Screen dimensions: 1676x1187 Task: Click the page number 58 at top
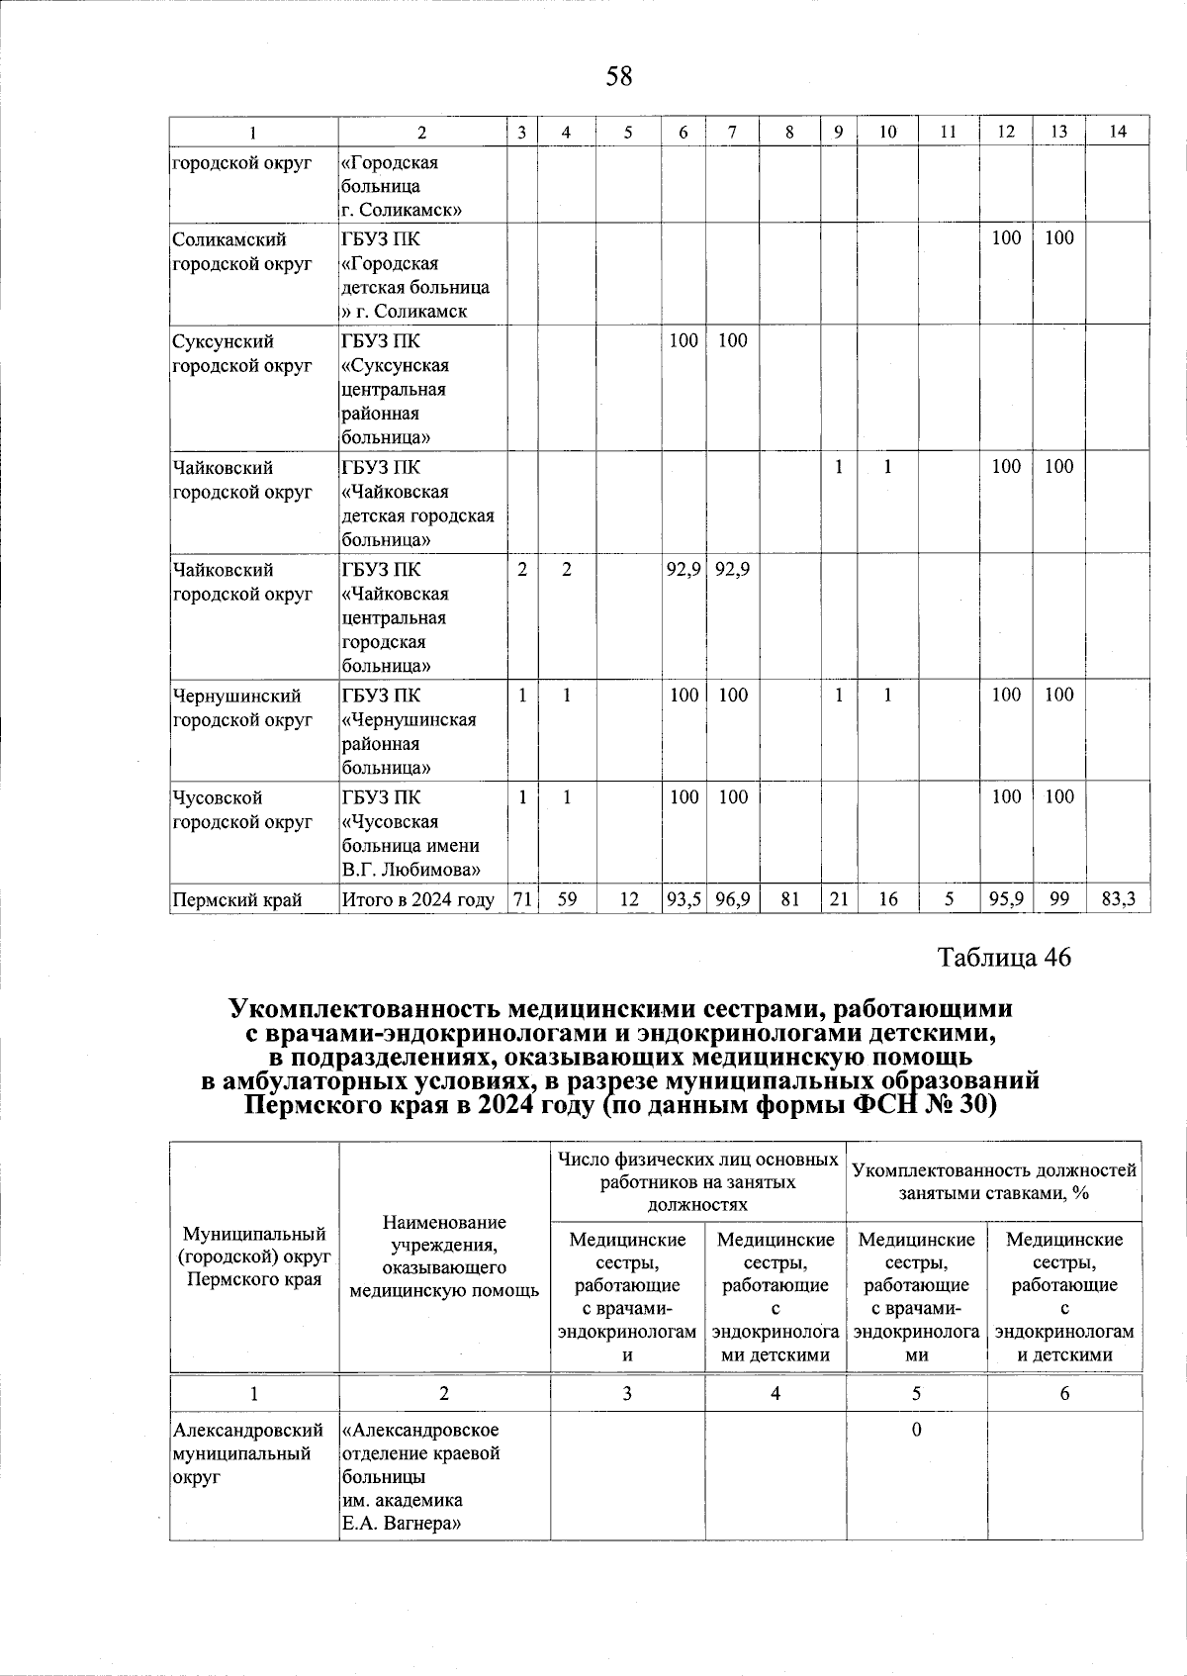(619, 76)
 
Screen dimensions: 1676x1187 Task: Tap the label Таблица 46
(1004, 957)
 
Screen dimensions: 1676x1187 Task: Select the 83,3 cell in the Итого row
(1118, 899)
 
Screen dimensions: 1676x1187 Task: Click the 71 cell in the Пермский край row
(521, 899)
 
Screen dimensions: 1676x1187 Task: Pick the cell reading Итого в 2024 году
(417, 899)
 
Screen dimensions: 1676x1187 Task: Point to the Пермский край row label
(236, 899)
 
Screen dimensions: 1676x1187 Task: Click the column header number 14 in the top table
(1118, 132)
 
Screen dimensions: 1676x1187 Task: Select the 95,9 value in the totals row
(1005, 899)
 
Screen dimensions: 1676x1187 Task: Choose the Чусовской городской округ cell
(241, 809)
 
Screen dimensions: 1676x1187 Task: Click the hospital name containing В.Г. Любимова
(415, 834)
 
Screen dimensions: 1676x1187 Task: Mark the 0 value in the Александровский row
(916, 1430)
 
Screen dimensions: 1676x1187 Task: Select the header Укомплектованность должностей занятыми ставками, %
(993, 1181)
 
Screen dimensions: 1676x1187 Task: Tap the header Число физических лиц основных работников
(697, 1181)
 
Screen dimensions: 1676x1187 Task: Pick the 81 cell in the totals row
(788, 899)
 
